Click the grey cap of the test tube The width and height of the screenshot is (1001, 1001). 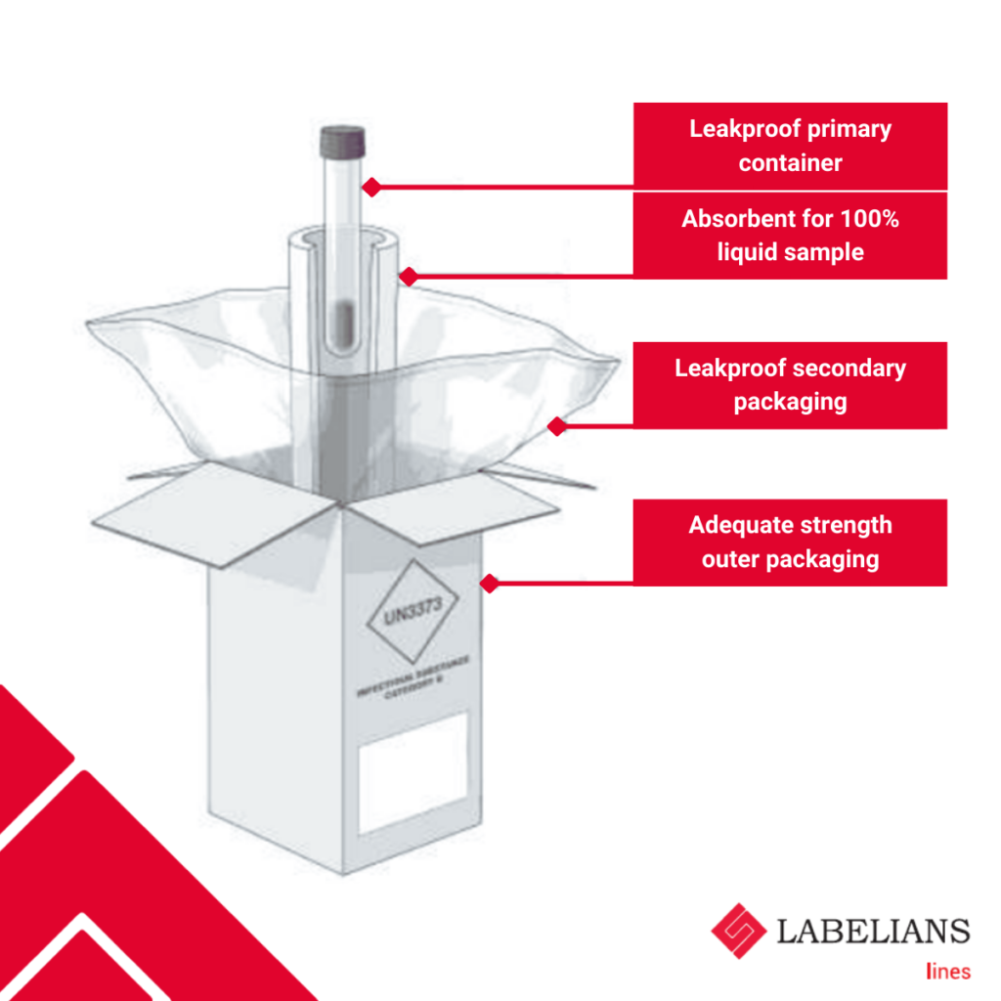pyautogui.click(x=343, y=142)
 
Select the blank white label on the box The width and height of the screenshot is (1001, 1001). pyautogui.click(x=413, y=772)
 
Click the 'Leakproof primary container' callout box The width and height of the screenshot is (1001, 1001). pyautogui.click(x=790, y=146)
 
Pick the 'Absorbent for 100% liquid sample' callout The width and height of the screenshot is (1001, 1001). pyautogui.click(x=790, y=236)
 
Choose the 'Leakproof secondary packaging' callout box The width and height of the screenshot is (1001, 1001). pyautogui.click(x=790, y=385)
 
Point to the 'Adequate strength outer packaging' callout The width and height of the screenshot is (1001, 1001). pyautogui.click(x=790, y=543)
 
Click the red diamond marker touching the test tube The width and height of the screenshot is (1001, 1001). pyautogui.click(x=371, y=186)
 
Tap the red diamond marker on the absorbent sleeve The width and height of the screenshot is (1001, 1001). pyautogui.click(x=410, y=277)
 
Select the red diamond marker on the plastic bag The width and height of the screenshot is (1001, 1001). pyautogui.click(x=557, y=426)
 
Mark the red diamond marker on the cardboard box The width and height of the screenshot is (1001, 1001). pyautogui.click(x=490, y=584)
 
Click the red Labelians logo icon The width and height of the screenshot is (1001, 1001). pyautogui.click(x=739, y=931)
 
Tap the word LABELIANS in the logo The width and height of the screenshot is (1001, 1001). pyautogui.click(x=873, y=931)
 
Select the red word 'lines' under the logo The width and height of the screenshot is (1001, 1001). pyautogui.click(x=947, y=971)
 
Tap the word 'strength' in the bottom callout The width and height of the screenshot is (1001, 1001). pyautogui.click(x=841, y=525)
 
